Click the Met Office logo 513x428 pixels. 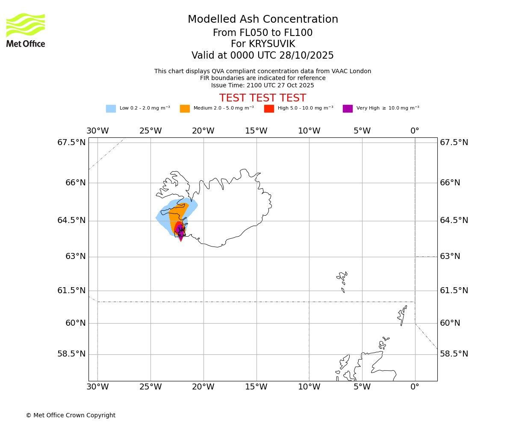click(26, 30)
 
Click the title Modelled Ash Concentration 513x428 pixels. click(262, 20)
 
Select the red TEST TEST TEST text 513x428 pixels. click(262, 98)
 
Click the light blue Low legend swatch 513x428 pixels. click(111, 109)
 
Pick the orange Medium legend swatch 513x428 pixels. click(185, 109)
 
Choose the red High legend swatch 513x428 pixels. click(269, 109)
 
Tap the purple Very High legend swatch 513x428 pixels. click(348, 109)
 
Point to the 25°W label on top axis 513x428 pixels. click(150, 131)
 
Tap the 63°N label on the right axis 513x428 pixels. click(450, 256)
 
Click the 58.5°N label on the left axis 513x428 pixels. click(71, 354)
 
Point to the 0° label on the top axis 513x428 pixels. click(415, 131)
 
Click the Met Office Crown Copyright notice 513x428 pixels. click(71, 415)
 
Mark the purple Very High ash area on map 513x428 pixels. click(180, 232)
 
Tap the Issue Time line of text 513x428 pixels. click(262, 86)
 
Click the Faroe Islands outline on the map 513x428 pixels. click(342, 279)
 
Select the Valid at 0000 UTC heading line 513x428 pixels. click(262, 56)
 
